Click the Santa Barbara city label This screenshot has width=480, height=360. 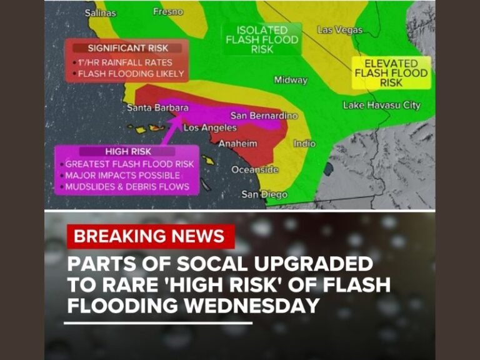coord(157,107)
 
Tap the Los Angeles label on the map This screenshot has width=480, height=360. coord(210,127)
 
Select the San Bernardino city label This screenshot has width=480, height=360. coord(264,116)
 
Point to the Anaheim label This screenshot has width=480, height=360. coord(237,144)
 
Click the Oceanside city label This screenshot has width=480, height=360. coord(255,169)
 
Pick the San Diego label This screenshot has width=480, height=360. coord(264,194)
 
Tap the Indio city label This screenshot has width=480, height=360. coord(304,144)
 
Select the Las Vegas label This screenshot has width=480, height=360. coord(339,29)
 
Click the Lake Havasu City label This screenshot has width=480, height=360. coord(381,105)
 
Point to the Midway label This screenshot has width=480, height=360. coord(291,79)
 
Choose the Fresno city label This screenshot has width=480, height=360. coord(168,11)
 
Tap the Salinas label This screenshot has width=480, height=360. coord(100,12)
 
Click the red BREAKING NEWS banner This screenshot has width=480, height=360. coord(149,236)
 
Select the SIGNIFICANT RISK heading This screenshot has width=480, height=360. coord(127,48)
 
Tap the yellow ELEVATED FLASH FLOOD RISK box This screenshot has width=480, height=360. coord(391,72)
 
